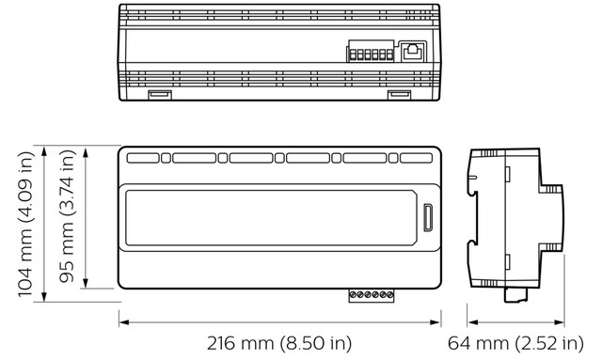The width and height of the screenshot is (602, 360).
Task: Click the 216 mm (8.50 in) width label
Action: [279, 343]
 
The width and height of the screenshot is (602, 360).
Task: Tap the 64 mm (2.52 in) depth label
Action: [515, 343]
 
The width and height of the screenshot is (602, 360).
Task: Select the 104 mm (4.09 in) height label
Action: [26, 224]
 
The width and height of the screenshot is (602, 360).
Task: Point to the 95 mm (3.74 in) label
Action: [67, 216]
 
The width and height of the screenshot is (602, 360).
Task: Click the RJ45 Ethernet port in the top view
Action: [413, 52]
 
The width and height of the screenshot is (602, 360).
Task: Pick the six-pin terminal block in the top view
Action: [371, 51]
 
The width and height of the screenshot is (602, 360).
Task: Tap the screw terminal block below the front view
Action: [372, 295]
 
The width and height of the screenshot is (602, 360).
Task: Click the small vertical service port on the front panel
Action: [428, 218]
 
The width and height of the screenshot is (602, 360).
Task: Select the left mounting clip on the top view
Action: [160, 94]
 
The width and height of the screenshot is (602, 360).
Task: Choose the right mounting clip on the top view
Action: [399, 94]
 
